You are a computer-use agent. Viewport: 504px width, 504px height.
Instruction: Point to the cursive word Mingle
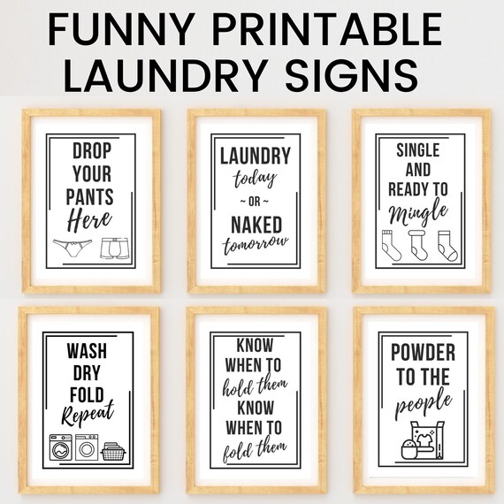click(x=417, y=215)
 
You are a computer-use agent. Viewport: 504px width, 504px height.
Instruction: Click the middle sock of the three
click(x=418, y=246)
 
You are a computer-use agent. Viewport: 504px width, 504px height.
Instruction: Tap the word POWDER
click(x=423, y=354)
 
